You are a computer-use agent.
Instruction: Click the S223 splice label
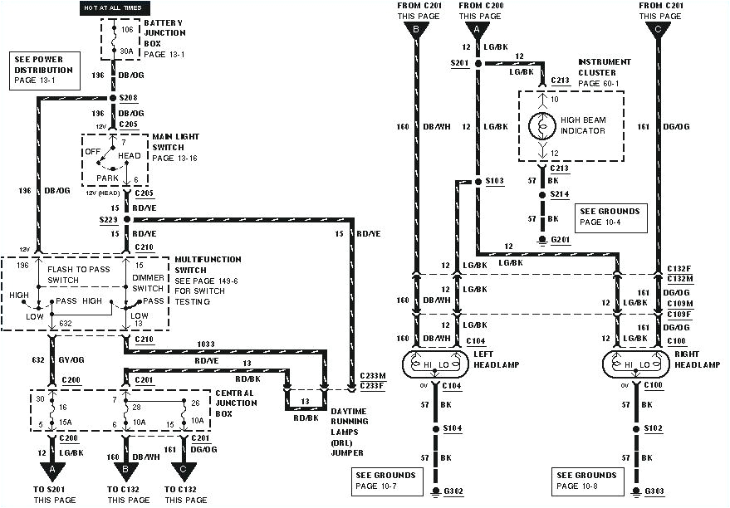pyautogui.click(x=109, y=220)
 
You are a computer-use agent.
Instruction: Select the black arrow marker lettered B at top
pyautogui.click(x=416, y=32)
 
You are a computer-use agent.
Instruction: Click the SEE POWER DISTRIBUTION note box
pyautogui.click(x=47, y=71)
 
